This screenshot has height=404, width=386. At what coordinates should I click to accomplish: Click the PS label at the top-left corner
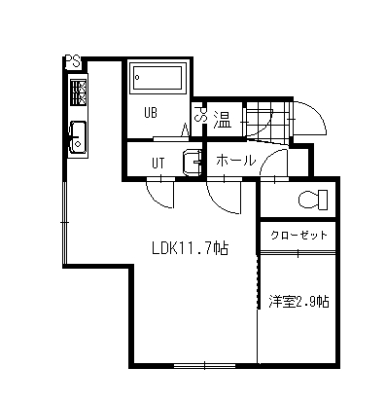72,60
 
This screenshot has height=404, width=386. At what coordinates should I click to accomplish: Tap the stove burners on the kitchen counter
78,93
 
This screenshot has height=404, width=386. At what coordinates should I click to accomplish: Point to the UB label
152,112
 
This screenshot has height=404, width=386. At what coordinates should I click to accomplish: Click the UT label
158,162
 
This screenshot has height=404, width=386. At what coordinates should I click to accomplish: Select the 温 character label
222,120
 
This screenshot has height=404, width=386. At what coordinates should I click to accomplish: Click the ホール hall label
235,160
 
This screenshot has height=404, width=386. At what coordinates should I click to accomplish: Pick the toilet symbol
311,201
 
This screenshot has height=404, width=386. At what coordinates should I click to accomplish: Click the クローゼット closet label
298,237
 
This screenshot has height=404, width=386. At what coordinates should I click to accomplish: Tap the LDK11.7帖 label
190,249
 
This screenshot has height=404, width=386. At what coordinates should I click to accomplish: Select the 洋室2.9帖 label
298,302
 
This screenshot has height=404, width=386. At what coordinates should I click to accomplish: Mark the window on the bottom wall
204,366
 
